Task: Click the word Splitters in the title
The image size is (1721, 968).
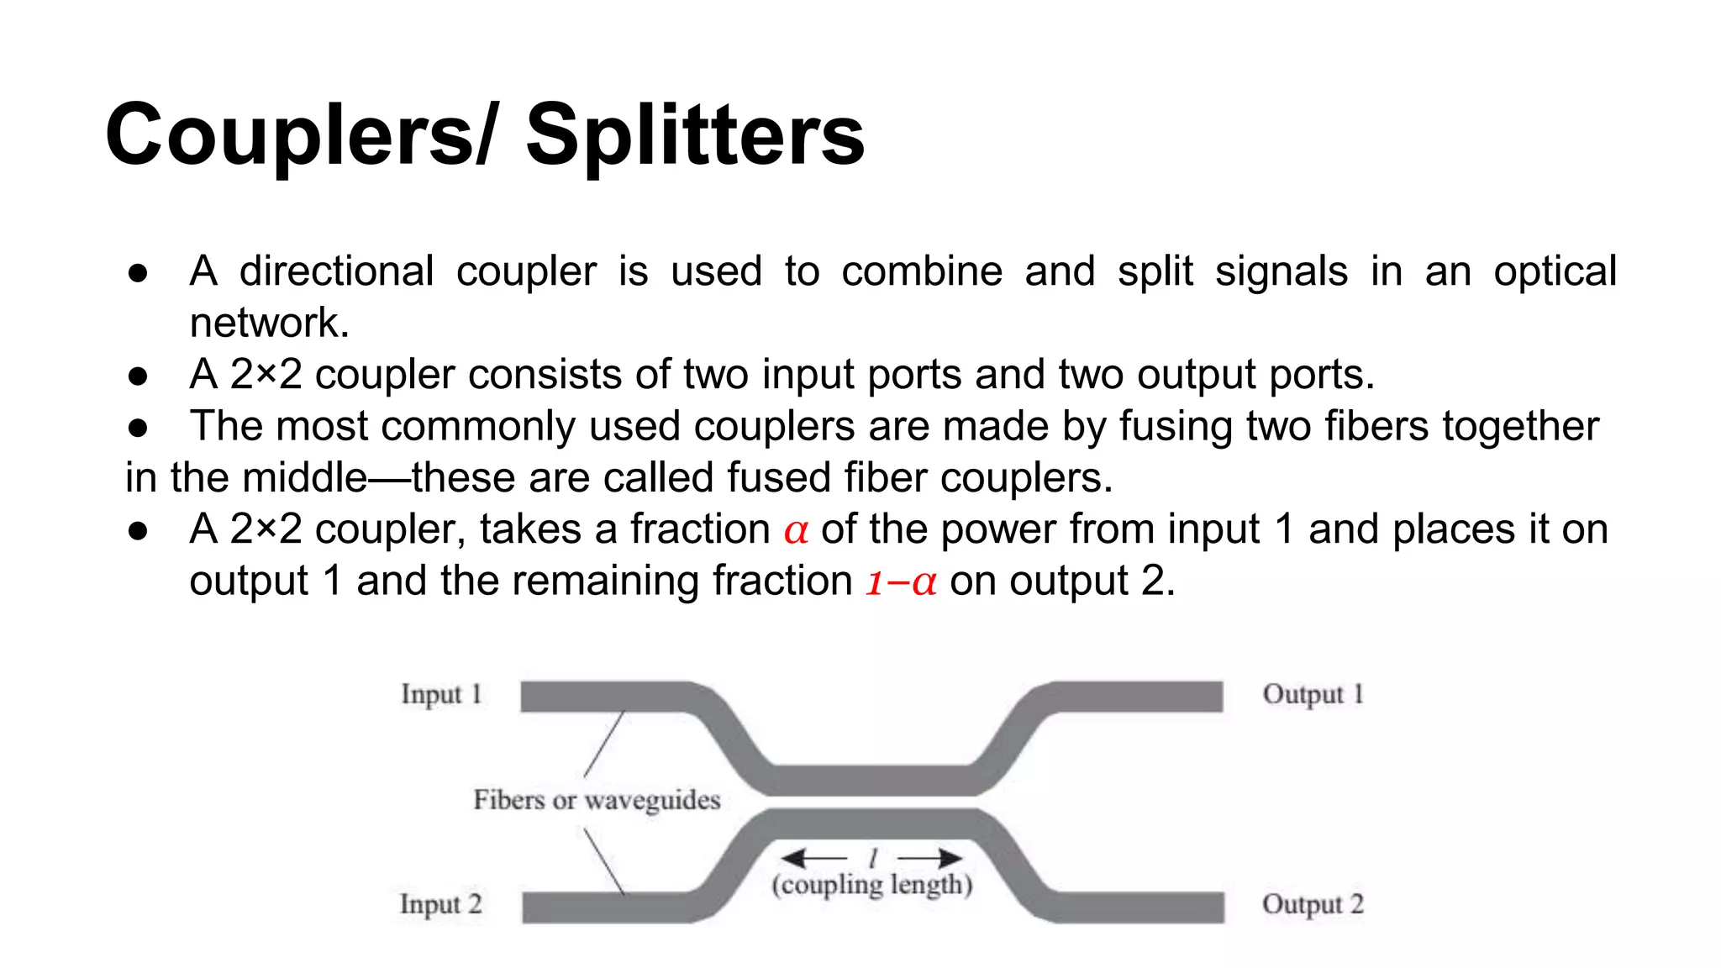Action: (695, 135)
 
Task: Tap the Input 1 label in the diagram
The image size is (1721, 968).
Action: (441, 695)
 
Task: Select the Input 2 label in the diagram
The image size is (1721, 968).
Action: (440, 905)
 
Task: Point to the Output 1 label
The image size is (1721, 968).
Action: (1313, 695)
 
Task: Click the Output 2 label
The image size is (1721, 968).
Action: (1313, 905)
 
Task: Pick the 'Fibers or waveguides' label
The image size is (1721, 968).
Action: (597, 800)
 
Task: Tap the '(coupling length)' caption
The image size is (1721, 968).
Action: (872, 885)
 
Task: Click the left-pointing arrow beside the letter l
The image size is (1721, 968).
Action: (813, 858)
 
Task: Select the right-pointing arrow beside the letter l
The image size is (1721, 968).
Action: (930, 858)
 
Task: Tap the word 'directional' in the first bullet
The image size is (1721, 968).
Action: (336, 271)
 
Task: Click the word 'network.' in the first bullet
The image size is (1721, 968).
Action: (269, 324)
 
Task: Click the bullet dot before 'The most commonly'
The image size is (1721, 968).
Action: (139, 428)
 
